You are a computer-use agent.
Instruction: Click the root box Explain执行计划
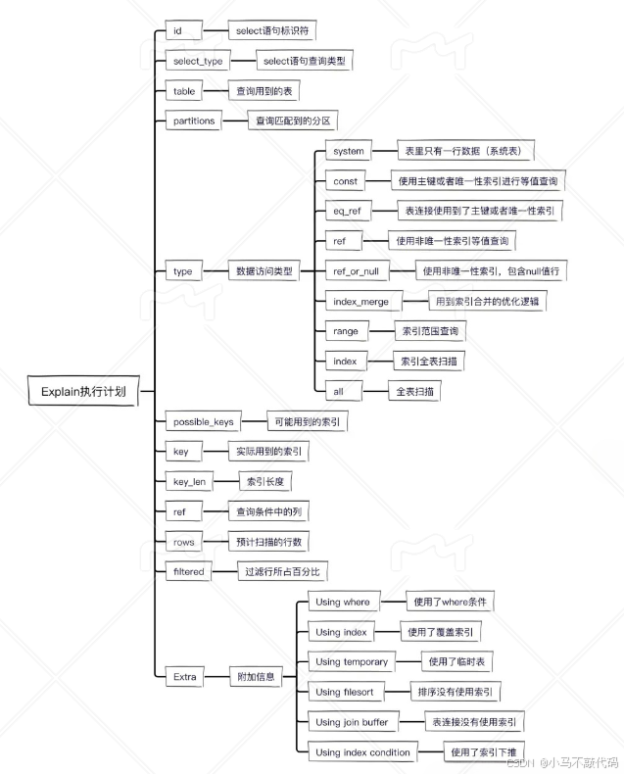(83, 392)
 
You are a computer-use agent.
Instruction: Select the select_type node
(198, 61)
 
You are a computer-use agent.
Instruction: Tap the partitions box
(195, 121)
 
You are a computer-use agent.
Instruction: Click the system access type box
(348, 152)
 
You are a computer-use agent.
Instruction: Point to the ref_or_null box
(356, 271)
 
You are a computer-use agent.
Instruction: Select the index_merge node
(360, 302)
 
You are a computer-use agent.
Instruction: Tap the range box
(345, 331)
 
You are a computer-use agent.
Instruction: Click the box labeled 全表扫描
(413, 391)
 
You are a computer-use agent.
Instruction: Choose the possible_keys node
(203, 421)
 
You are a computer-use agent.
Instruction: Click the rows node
(183, 542)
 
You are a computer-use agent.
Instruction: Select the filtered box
(188, 571)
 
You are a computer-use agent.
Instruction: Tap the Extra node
(185, 677)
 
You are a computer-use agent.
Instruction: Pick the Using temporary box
(352, 662)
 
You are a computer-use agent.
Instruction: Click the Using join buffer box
(352, 722)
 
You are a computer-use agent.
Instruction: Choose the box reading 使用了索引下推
(483, 752)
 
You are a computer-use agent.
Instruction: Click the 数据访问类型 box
(264, 271)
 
